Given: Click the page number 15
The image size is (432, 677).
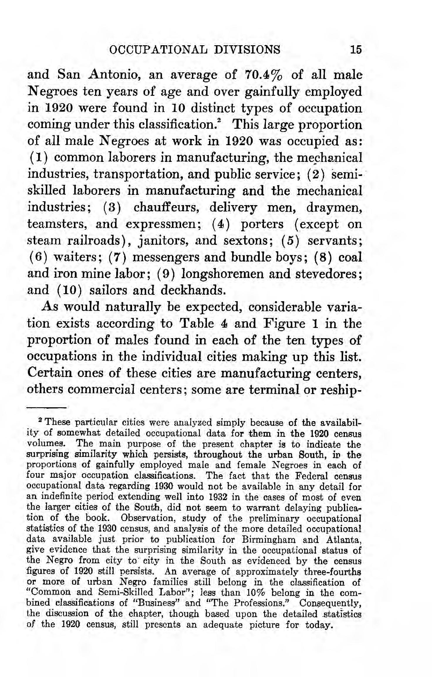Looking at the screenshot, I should (356, 50).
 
